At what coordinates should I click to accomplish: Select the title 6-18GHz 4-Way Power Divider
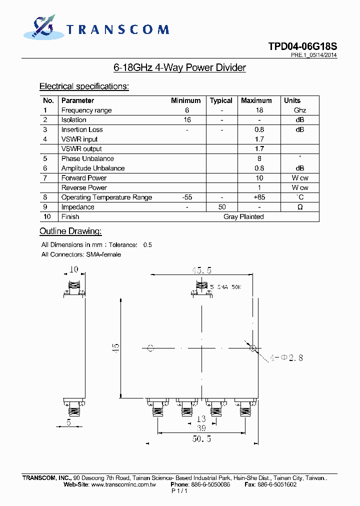coord(180,67)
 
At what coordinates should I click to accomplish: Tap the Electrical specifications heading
coord(84,86)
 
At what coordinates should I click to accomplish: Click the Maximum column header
coord(256,100)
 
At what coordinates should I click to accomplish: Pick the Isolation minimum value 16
coord(187,120)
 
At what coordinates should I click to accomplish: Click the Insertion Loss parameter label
coord(82,129)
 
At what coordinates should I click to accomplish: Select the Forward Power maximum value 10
coord(259,178)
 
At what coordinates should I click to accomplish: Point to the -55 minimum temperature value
coord(187,197)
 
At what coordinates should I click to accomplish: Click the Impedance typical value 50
coord(222,207)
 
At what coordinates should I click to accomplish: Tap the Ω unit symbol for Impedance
coord(300,207)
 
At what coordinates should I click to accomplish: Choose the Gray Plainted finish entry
coord(243,216)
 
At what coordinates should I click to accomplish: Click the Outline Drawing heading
coord(70,231)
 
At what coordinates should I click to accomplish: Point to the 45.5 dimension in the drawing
coord(201,270)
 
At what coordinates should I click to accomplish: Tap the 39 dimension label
coord(200,428)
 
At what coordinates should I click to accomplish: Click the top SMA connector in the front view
coord(201,289)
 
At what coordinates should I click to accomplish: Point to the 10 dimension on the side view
coord(74,269)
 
